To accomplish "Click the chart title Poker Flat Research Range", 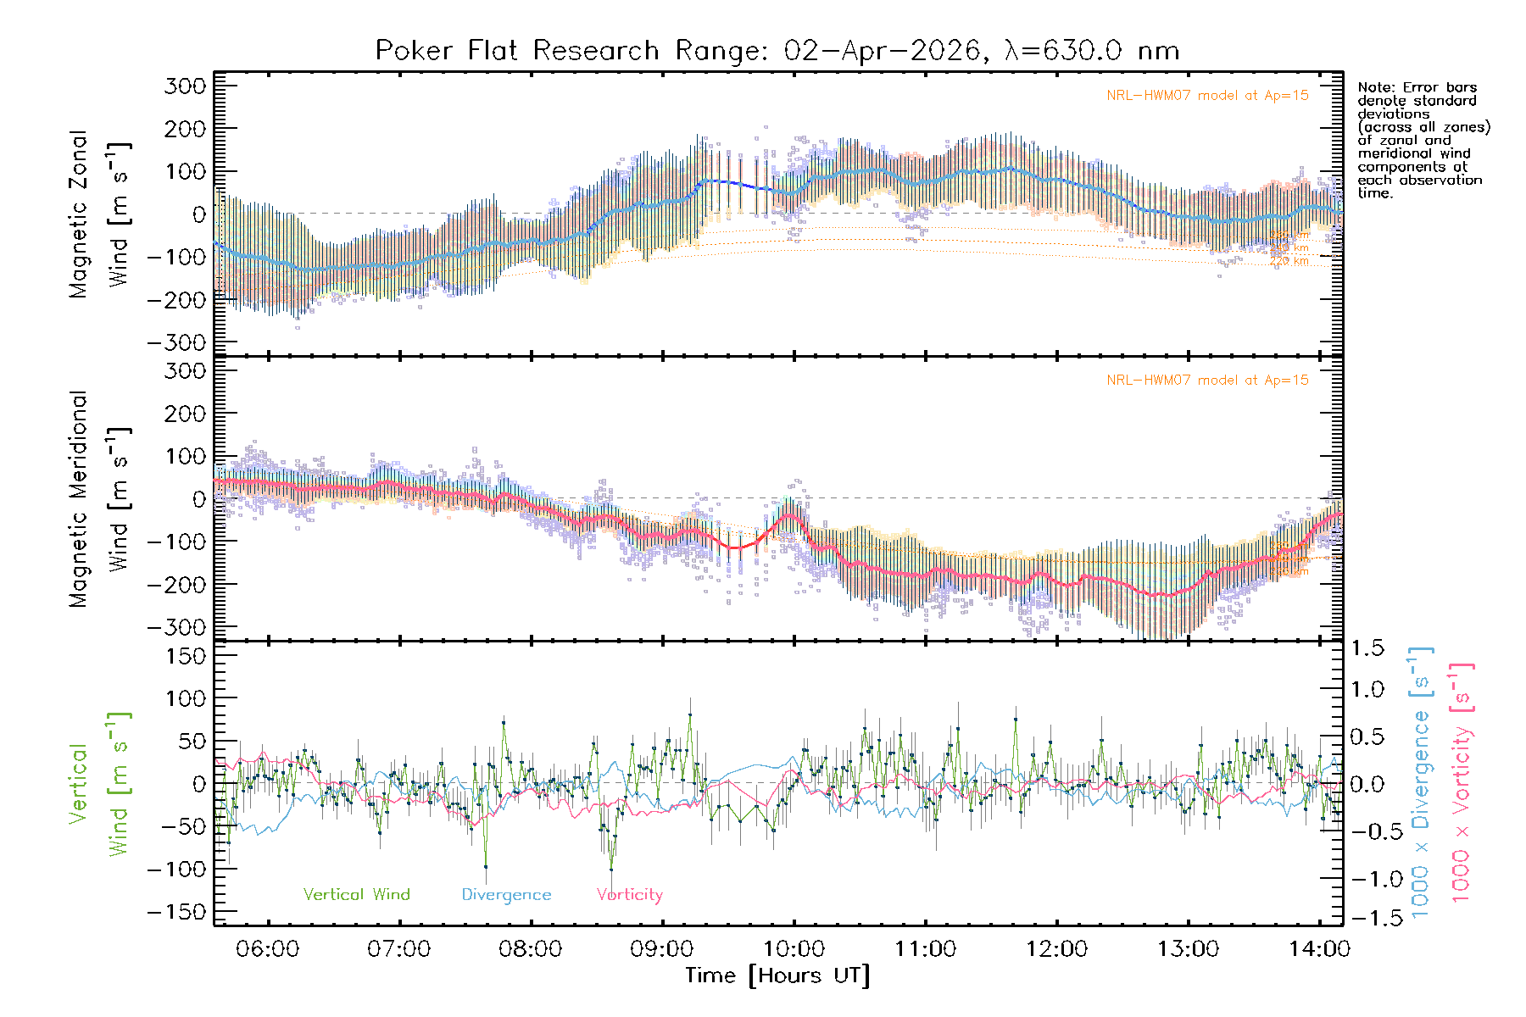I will [x=777, y=51].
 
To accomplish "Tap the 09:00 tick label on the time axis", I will [x=662, y=949].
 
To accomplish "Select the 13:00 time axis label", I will [x=1188, y=949].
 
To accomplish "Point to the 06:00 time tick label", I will [x=268, y=949].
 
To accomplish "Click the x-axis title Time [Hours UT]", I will [x=777, y=975].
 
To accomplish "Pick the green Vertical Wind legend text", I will [x=356, y=895].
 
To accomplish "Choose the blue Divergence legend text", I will [x=506, y=895].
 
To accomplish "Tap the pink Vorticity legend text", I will [x=629, y=895].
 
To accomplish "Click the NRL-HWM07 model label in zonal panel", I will [x=1207, y=96].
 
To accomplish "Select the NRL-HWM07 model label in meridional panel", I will [x=1207, y=381].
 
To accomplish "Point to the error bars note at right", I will [x=1423, y=140].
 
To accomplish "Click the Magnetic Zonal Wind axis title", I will [x=99, y=214].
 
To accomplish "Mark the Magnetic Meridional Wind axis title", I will [x=99, y=499].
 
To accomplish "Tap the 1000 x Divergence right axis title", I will [x=1421, y=783].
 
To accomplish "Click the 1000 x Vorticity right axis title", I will [x=1461, y=783].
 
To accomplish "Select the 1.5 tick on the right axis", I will [x=1367, y=648].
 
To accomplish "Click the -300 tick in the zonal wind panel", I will [x=176, y=342].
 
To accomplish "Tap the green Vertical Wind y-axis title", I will [x=99, y=784].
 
